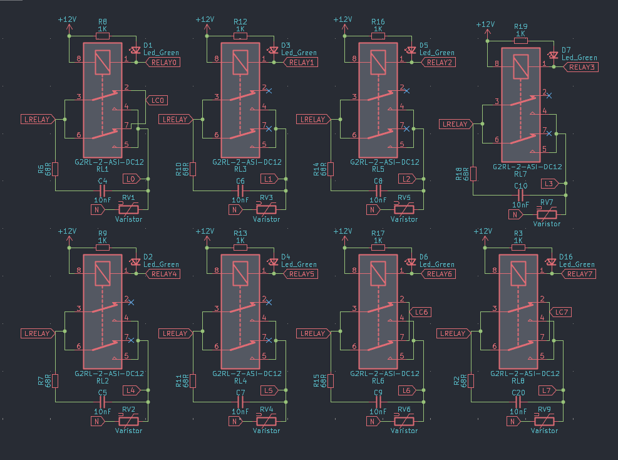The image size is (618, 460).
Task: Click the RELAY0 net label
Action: point(165,63)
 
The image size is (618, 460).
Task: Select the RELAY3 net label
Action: point(582,67)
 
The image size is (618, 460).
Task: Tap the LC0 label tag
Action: point(157,100)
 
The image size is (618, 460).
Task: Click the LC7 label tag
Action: point(560,312)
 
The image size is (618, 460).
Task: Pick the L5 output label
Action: point(269,390)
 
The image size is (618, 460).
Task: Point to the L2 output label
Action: point(406,179)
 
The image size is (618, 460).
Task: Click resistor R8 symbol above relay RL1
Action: point(102,36)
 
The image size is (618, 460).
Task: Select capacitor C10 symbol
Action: point(520,194)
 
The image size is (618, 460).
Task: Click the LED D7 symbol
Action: point(553,55)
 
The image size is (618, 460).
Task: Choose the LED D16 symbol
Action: point(552,261)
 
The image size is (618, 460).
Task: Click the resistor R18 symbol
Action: point(473,174)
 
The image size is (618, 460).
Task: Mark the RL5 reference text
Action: point(378,169)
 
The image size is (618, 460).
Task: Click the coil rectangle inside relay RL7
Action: point(518,66)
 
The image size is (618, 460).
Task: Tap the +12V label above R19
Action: point(486,24)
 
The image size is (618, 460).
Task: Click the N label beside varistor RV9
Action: point(515,421)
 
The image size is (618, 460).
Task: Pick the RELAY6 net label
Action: point(440,274)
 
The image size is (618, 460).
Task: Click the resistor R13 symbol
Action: point(240,248)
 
